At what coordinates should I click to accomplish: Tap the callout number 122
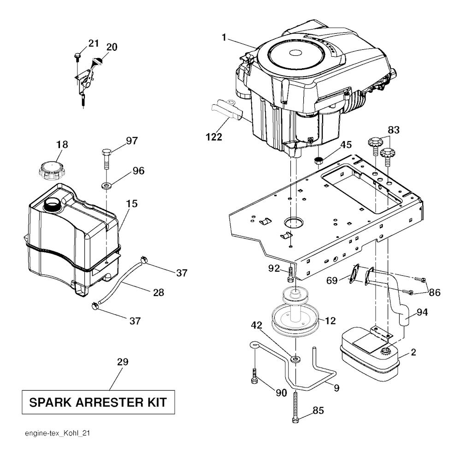(214, 137)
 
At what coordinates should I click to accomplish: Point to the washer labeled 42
(295, 358)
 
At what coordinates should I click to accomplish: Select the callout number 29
(123, 362)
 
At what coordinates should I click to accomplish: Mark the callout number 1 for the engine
(224, 37)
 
